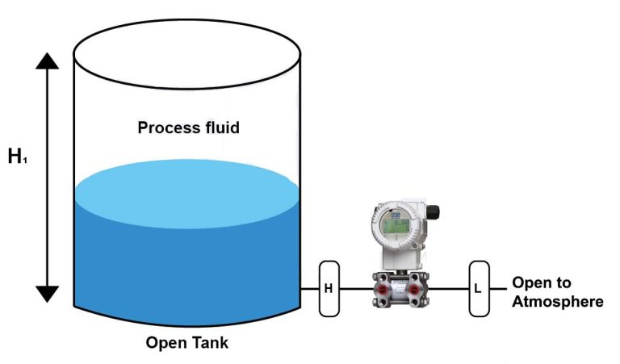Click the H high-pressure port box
tap(329, 288)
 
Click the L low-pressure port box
tap(478, 288)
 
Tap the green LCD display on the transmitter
tap(395, 224)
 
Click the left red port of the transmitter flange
tap(379, 288)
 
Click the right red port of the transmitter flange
tap(414, 288)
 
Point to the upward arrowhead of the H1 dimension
tap(48, 62)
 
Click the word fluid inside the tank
tap(220, 128)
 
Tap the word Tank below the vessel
tap(209, 343)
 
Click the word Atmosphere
tap(557, 302)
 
